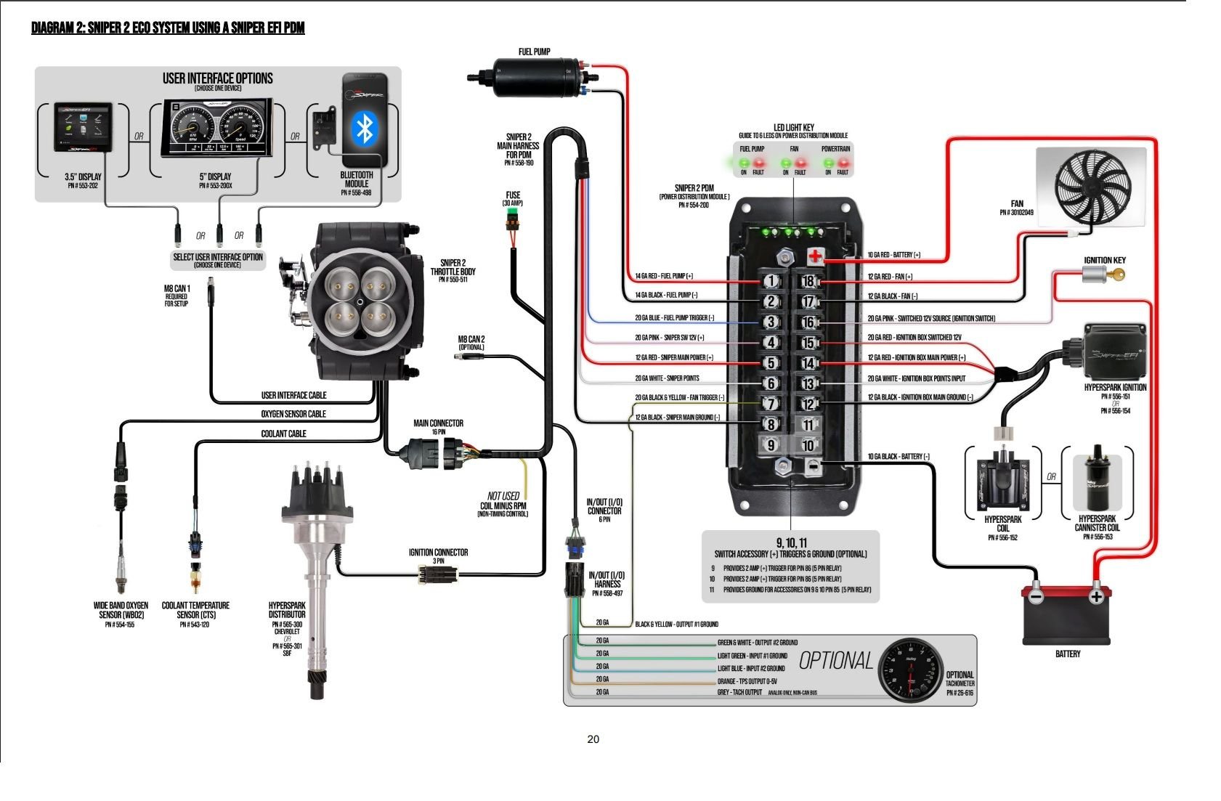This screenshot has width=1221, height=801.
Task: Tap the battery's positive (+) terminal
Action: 1096,596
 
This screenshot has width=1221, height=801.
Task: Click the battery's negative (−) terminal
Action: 1037,596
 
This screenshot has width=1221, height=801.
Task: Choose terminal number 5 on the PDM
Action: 771,363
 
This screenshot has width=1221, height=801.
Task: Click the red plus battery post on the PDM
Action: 815,256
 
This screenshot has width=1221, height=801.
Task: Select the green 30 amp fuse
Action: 513,219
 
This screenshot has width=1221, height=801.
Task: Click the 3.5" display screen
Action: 83,127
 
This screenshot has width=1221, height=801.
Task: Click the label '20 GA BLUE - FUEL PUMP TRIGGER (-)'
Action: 674,318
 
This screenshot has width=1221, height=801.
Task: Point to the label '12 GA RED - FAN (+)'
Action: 890,277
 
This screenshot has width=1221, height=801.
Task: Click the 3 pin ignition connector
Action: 438,574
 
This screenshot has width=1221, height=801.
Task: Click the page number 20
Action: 593,739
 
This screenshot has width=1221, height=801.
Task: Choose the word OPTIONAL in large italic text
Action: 836,660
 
